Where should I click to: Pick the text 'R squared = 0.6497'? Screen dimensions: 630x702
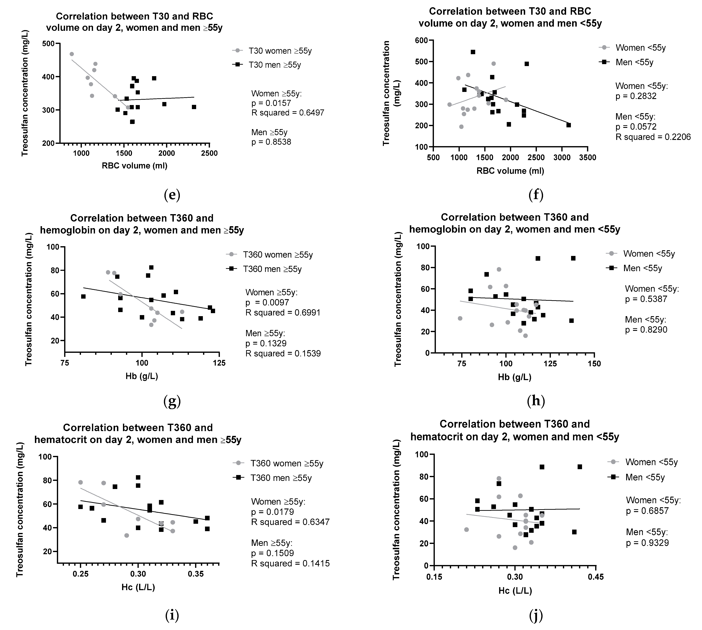(x=287, y=113)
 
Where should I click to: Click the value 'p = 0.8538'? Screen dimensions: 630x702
(x=271, y=142)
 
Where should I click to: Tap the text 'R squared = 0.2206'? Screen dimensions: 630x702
(x=653, y=137)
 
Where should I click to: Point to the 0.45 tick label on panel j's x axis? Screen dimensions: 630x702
(x=596, y=577)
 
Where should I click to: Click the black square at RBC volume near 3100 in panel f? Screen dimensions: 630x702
(x=568, y=125)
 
